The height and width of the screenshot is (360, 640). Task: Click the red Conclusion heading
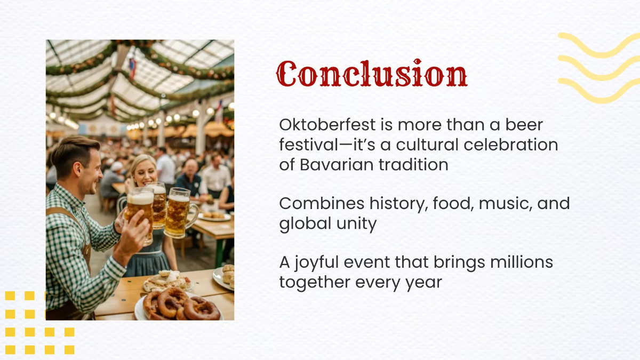372,74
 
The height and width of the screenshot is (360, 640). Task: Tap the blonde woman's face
143,172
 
